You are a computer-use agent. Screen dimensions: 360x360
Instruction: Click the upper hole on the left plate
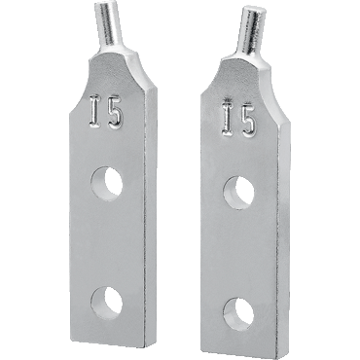pos(107,184)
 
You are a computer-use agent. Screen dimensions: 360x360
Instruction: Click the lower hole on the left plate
pos(107,304)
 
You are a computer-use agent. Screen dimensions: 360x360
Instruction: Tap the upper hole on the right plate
pos(238,194)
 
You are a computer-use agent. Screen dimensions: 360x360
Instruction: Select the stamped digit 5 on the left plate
pos(116,116)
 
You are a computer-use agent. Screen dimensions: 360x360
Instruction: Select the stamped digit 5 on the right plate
pos(247,122)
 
